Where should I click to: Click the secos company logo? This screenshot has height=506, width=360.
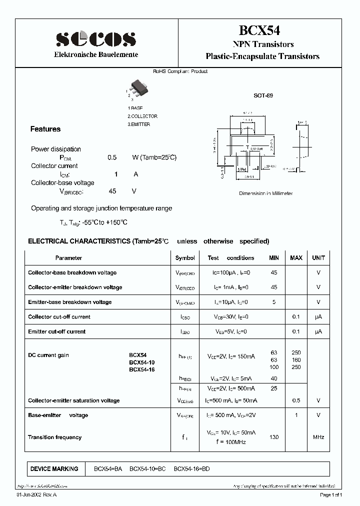95,38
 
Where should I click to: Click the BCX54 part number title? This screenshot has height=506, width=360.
262,31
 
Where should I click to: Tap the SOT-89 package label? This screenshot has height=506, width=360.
263,95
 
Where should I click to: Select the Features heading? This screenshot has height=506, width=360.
45,129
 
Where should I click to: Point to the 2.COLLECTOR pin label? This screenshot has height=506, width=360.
142,116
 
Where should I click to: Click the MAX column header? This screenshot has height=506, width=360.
296,258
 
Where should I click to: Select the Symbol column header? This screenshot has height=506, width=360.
185,258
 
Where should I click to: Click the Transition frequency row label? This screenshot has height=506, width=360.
54,437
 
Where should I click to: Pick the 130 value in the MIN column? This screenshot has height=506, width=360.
273,437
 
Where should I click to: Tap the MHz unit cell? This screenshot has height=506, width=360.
318,437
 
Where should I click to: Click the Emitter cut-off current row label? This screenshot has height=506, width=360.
56,331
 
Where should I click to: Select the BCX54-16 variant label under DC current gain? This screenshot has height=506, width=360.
142,370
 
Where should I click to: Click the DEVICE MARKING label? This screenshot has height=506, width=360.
54,469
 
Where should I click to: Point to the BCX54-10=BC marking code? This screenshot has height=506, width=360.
147,469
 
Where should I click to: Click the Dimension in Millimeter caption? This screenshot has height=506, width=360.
265,193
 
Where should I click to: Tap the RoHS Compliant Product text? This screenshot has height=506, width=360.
180,71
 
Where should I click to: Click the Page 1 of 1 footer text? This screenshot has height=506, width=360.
331,495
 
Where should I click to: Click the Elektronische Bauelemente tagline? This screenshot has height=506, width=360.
95,54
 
